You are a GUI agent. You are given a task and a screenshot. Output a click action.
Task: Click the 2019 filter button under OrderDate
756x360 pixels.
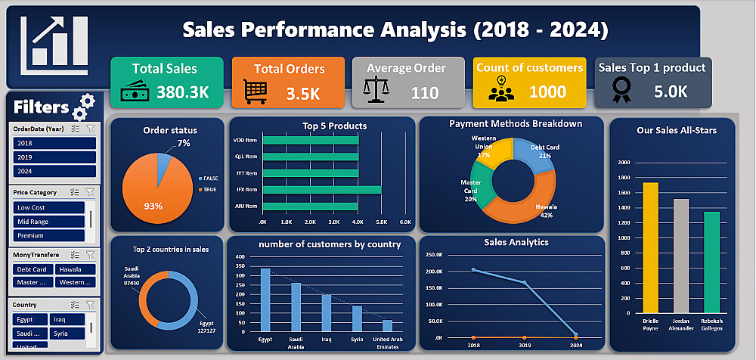tap(53, 157)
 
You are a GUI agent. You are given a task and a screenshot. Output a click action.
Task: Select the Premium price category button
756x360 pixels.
tap(48, 236)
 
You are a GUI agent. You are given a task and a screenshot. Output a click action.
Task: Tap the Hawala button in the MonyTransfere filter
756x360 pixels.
tap(74, 269)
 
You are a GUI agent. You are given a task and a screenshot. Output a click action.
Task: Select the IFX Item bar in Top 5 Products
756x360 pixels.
tap(321, 189)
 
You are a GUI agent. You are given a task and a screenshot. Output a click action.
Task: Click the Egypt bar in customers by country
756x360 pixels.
tap(265, 299)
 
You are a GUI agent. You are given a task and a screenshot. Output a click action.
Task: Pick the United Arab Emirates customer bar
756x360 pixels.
tap(387, 325)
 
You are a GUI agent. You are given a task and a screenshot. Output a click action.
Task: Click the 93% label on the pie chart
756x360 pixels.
tap(153, 206)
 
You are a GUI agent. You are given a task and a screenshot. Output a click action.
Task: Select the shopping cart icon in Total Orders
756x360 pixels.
tap(256, 92)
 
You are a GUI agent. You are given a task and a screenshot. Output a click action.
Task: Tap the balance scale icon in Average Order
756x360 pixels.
tap(375, 92)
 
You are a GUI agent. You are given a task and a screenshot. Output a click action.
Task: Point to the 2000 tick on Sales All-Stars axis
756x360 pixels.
tap(624, 163)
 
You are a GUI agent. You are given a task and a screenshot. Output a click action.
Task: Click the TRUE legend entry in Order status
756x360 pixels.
tap(207, 189)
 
